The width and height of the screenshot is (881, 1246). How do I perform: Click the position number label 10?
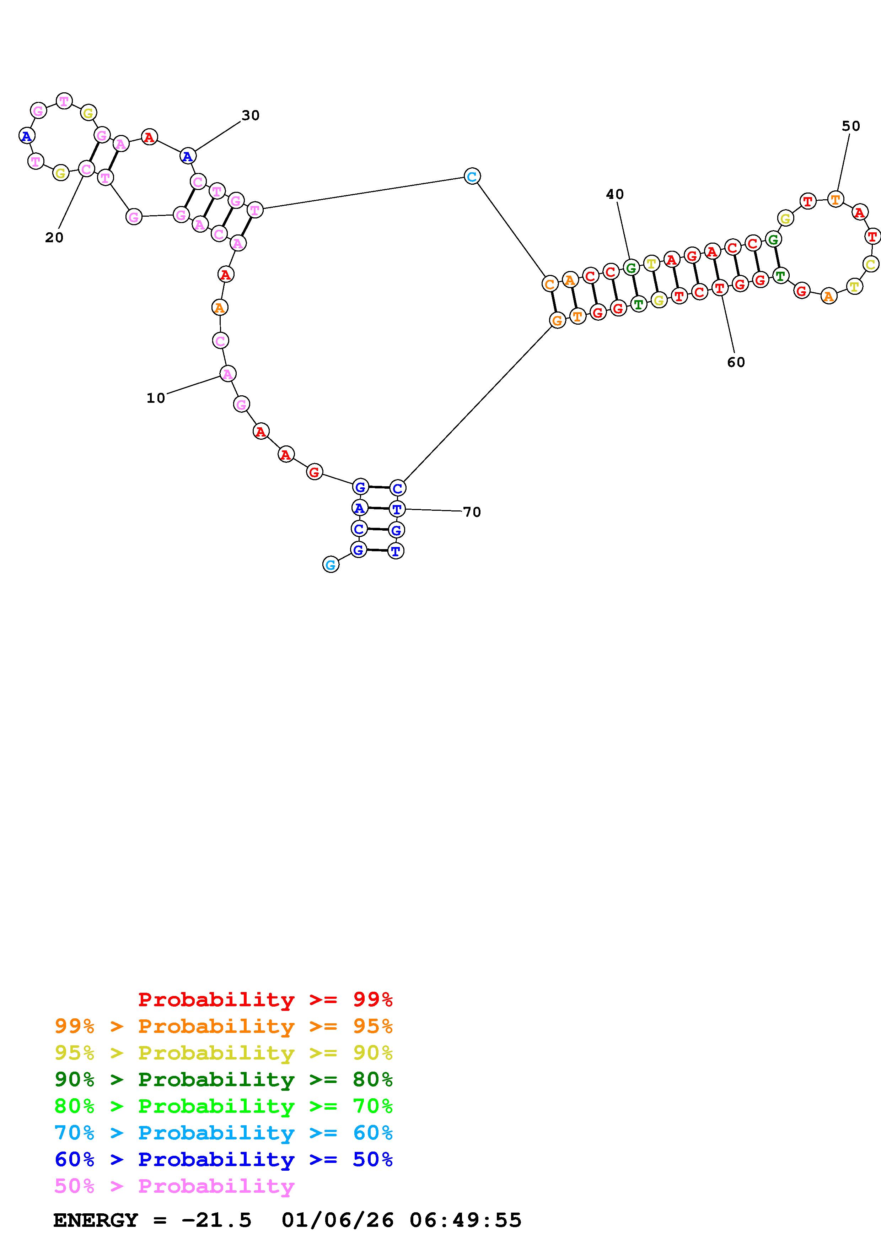pos(155,398)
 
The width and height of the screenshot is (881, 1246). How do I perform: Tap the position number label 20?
pos(54,238)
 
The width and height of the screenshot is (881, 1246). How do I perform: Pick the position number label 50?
pos(850,126)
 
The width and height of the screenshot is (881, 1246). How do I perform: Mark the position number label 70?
pos(472,512)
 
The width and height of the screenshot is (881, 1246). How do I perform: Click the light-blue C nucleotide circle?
pos(472,177)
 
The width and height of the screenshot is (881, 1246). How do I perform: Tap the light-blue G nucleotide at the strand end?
pos(330,565)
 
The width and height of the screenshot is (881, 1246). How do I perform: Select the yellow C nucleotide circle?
pos(870,265)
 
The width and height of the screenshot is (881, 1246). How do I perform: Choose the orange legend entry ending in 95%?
pos(223,1026)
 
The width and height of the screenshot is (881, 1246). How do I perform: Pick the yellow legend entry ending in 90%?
pos(223,1053)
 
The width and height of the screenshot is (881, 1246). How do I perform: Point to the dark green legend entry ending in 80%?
pos(223,1079)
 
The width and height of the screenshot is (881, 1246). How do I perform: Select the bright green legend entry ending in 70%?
pos(223,1106)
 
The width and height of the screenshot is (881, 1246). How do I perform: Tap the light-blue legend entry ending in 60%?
pos(223,1133)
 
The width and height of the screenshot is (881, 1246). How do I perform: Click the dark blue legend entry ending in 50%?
pos(223,1159)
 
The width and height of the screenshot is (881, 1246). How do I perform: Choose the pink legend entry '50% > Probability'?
pos(174,1186)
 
